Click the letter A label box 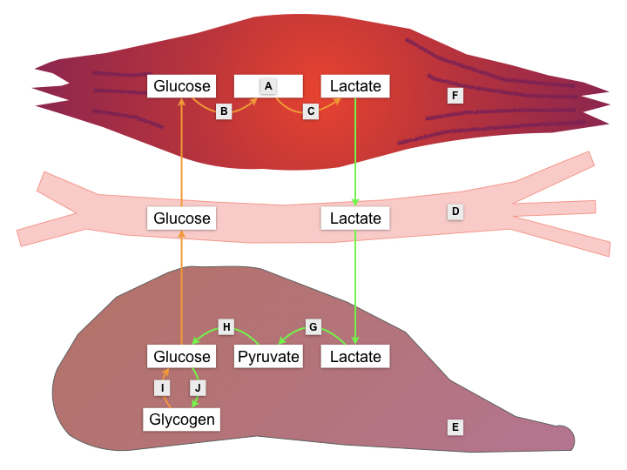coord(268,85)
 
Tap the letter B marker coord(224,111)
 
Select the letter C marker coord(311,111)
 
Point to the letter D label coord(455,211)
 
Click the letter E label coord(455,426)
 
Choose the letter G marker coord(314,327)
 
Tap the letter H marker coord(226,327)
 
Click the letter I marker coord(162,386)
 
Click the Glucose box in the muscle coord(181,86)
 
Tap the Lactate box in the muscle coord(355,86)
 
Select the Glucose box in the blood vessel coord(181,218)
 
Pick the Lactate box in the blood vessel coord(355,218)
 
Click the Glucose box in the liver coord(181,357)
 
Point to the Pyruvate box coord(269,357)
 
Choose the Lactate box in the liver coord(355,357)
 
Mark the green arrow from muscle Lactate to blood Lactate coord(355,151)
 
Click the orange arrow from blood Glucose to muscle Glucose coord(181,151)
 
